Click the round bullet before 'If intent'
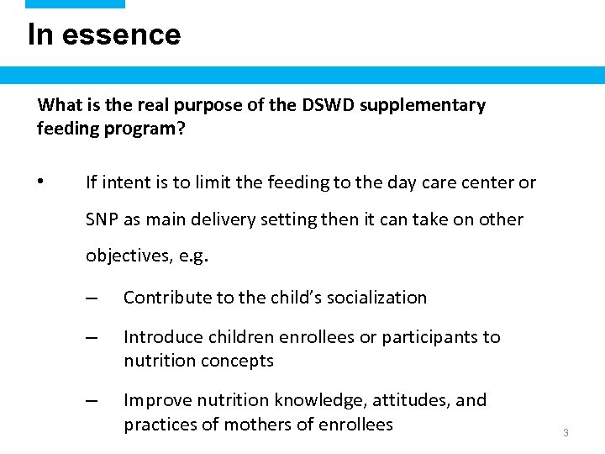point(40,182)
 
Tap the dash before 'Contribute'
point(92,298)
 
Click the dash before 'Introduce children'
point(92,337)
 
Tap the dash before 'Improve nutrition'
point(92,400)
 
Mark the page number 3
point(566,432)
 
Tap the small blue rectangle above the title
point(75,4)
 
